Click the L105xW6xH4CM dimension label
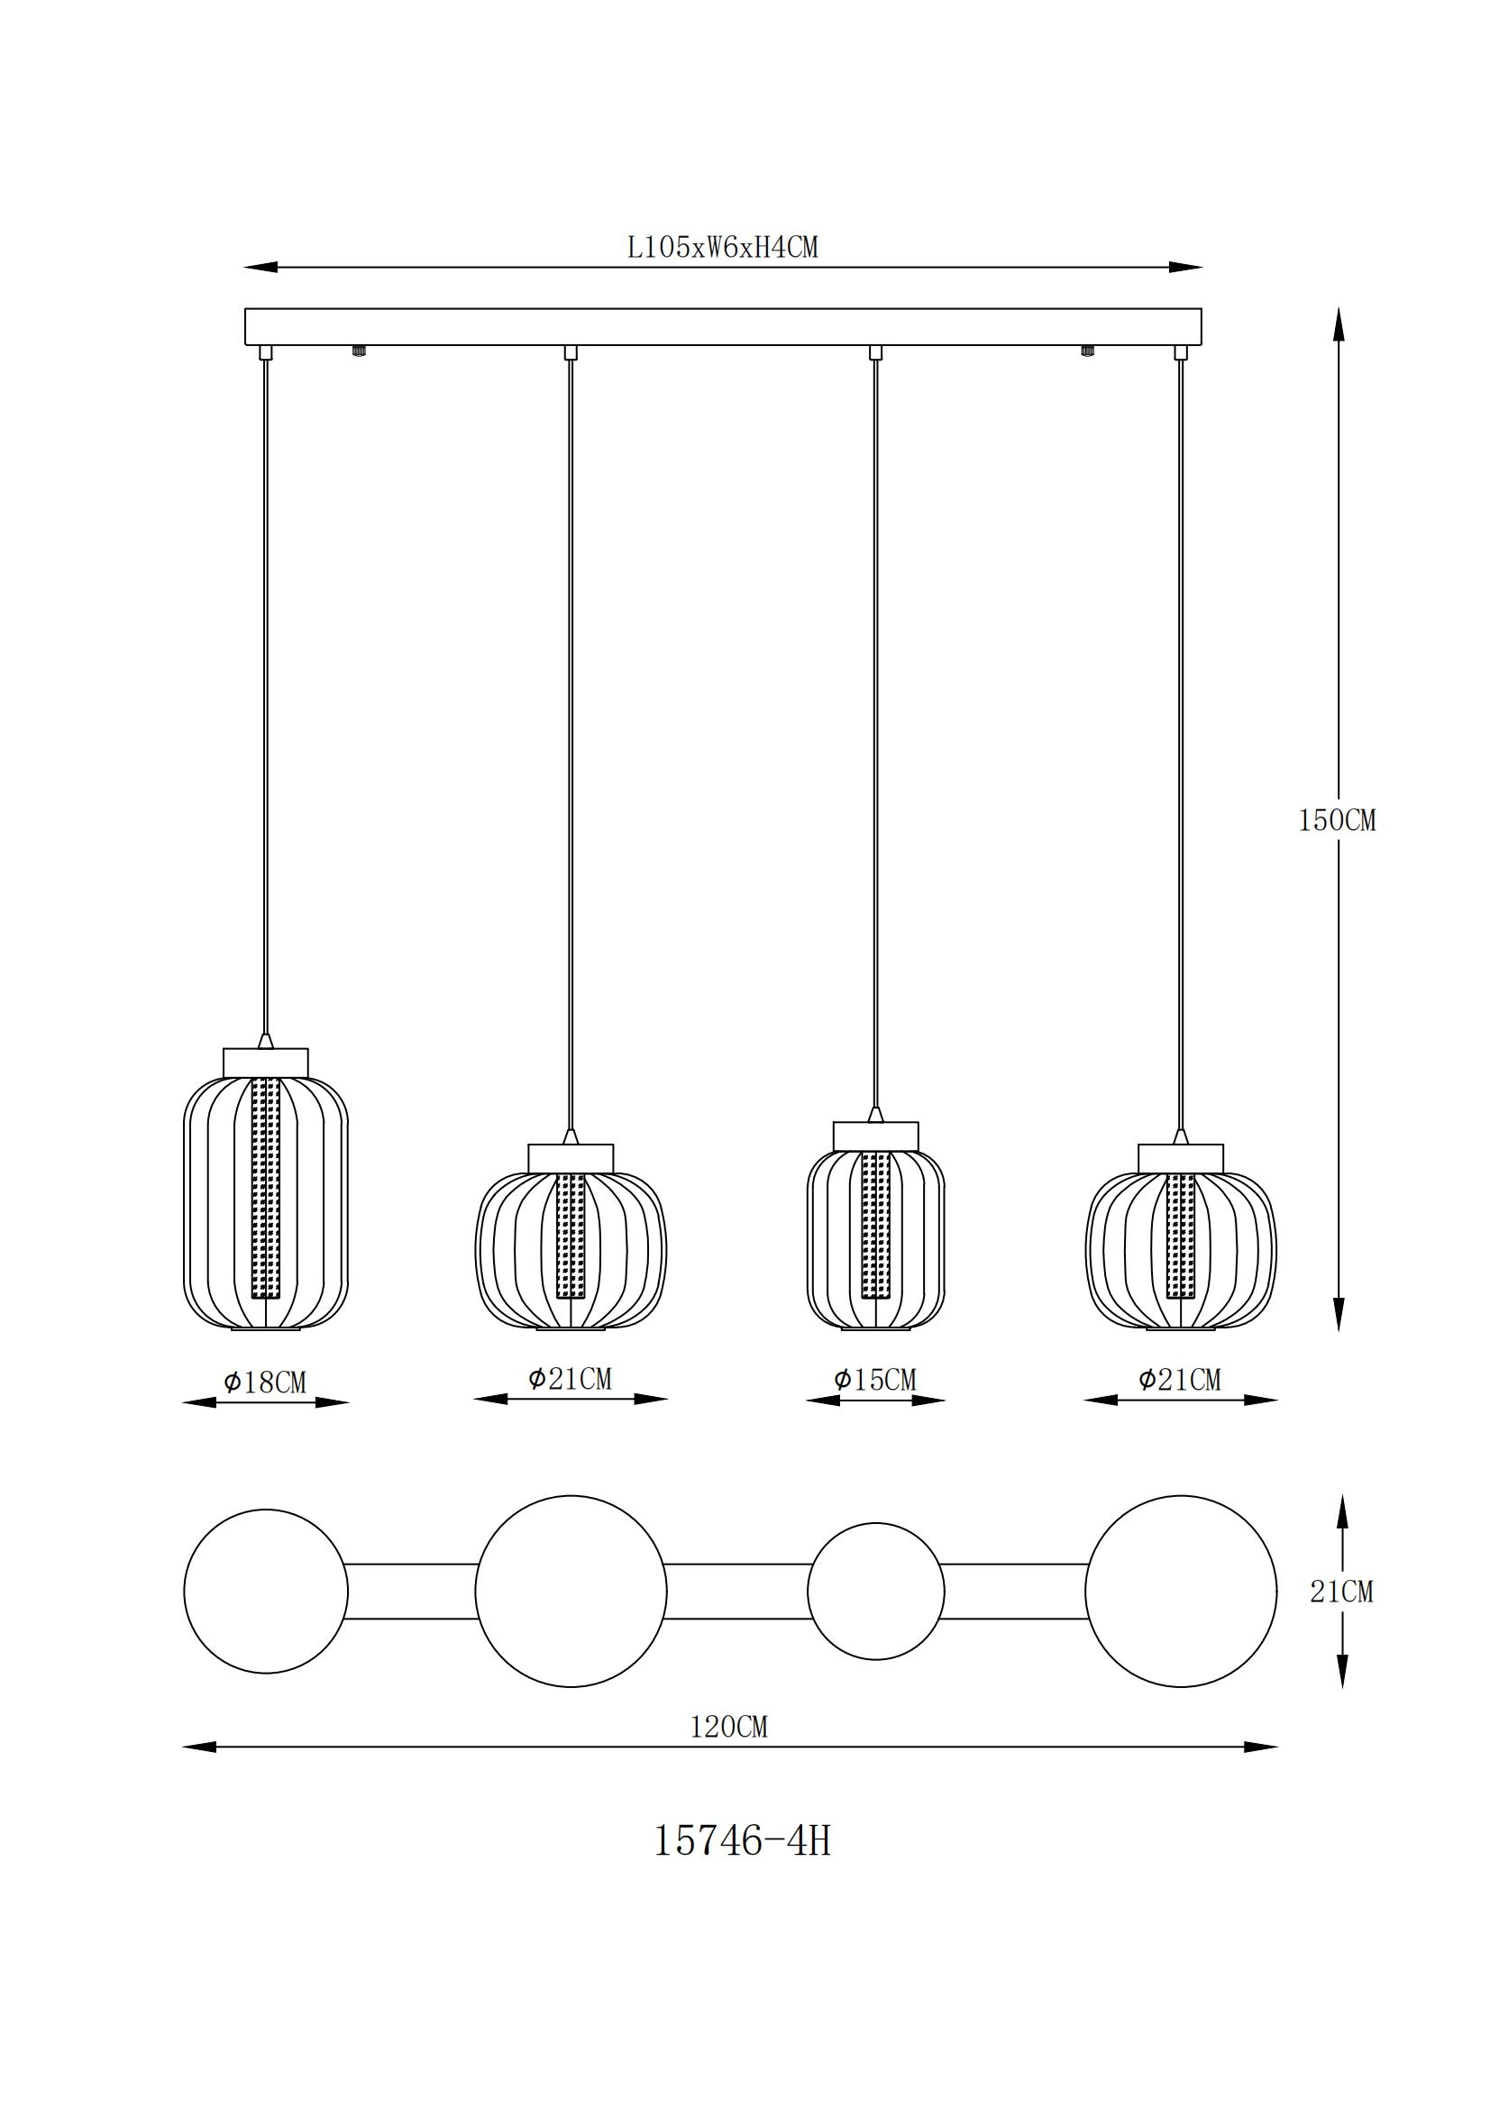coord(723,247)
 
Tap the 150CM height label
coord(1337,821)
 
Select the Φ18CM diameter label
coord(265,1382)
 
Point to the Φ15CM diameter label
coord(875,1380)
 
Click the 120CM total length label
coord(729,1727)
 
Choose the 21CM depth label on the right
coord(1341,1591)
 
